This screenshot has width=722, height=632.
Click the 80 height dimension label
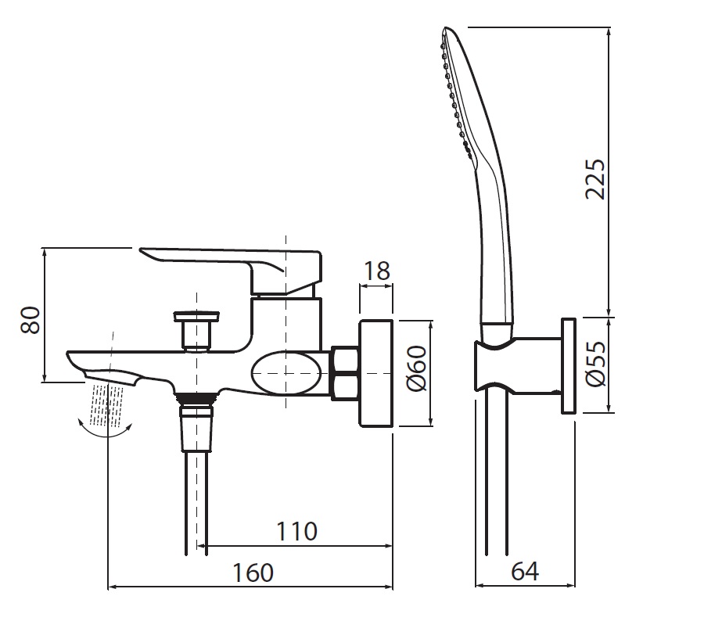31,319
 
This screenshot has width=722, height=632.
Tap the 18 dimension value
377,271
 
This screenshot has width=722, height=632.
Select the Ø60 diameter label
417,368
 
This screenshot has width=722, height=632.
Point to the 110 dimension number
296,531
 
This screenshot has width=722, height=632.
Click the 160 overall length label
253,573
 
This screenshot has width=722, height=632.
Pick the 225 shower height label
595,178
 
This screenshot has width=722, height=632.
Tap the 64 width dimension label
524,571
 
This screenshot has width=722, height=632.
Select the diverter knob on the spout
196,329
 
